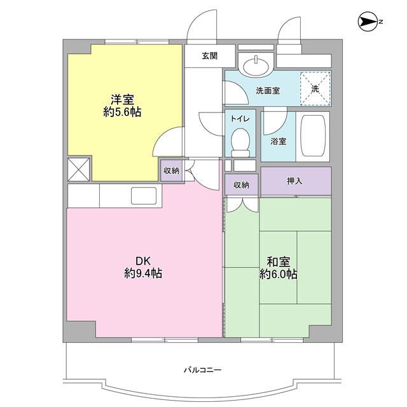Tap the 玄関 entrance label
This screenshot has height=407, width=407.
[210, 55]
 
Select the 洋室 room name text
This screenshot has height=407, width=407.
[123, 99]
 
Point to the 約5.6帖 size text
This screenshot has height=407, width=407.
[123, 112]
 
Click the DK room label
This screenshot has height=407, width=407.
[142, 261]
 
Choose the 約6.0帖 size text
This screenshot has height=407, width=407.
[278, 275]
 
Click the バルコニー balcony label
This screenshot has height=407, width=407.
[203, 369]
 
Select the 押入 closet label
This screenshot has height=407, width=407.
[295, 181]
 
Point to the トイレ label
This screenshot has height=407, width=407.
[239, 118]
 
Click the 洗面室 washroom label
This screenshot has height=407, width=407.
[268, 90]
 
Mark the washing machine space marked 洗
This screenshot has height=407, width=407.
[315, 88]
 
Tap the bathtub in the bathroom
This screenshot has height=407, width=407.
[314, 136]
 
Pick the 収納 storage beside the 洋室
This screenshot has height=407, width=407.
[171, 170]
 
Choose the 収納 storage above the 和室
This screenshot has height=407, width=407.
[240, 184]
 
